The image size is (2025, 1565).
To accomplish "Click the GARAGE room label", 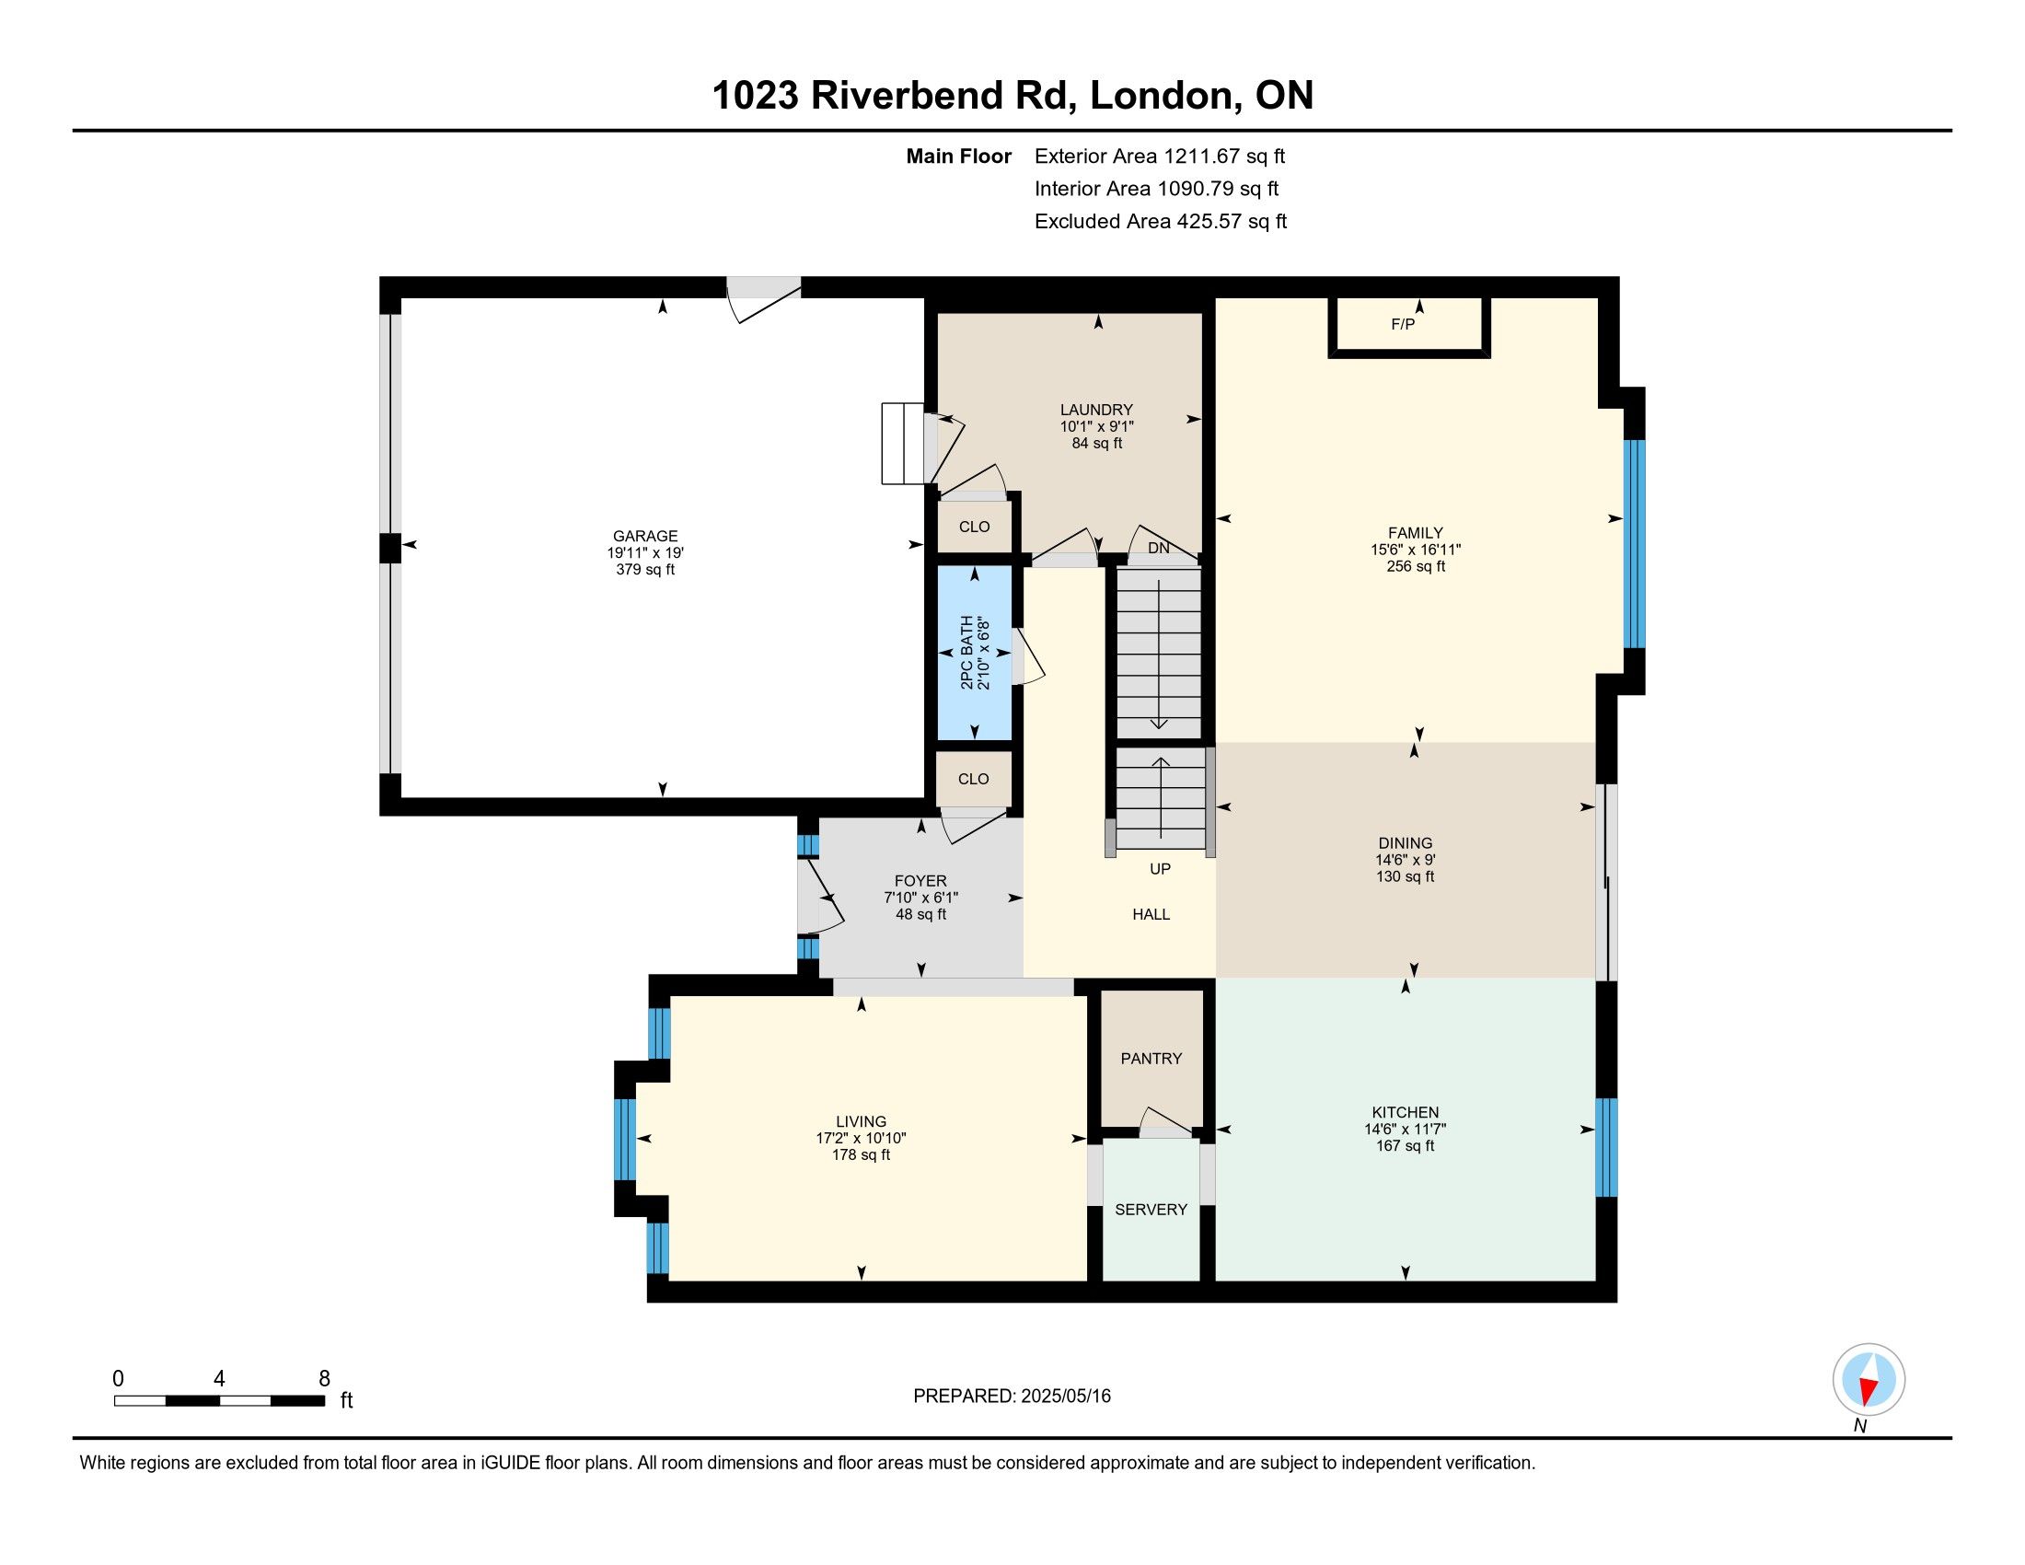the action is click(x=645, y=536).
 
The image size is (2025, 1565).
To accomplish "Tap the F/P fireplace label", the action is click(x=1403, y=324).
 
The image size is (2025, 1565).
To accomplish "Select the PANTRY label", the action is click(x=1151, y=1058).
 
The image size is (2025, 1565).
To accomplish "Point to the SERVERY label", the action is click(x=1151, y=1209).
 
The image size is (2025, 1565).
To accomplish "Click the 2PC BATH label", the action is click(x=967, y=652).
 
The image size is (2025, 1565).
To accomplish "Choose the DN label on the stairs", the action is click(x=1159, y=548).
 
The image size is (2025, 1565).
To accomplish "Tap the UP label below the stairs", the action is click(x=1160, y=869).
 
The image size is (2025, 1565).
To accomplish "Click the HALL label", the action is click(x=1151, y=914).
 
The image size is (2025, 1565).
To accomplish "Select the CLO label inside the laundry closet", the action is click(x=975, y=527).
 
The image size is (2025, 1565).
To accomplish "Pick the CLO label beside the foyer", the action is click(x=974, y=779).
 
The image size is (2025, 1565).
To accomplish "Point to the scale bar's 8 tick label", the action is click(x=325, y=1379).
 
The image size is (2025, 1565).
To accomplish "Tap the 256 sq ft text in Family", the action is click(x=1416, y=566).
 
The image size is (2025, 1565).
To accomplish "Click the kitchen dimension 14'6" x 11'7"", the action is click(x=1406, y=1130).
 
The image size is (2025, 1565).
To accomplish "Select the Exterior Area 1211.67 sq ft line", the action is click(x=1160, y=156).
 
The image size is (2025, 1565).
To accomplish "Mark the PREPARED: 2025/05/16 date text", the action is click(x=1012, y=1397).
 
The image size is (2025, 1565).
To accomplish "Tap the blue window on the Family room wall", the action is click(x=1635, y=543).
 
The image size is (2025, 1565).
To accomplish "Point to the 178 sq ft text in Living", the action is click(x=862, y=1155).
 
